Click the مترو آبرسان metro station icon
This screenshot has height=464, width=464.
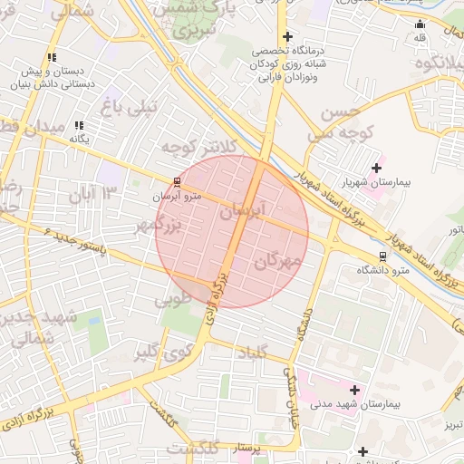pos(177,181)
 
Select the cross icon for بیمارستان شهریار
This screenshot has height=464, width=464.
pos(375,168)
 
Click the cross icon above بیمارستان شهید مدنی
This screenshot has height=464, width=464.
pos(354,390)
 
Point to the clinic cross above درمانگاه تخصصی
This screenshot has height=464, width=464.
pos(287,37)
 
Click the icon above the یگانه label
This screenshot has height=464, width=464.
pos(79,125)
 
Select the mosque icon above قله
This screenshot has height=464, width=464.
pos(420,24)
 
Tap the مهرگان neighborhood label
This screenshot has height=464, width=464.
pos(277,262)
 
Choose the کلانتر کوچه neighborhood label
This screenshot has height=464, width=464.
pos(198,146)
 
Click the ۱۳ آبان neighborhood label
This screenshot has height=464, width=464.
pos(96,192)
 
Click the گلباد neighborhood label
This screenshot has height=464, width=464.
pos(250,351)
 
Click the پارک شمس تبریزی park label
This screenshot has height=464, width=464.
pos(194,18)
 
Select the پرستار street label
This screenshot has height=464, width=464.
pos(246,448)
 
